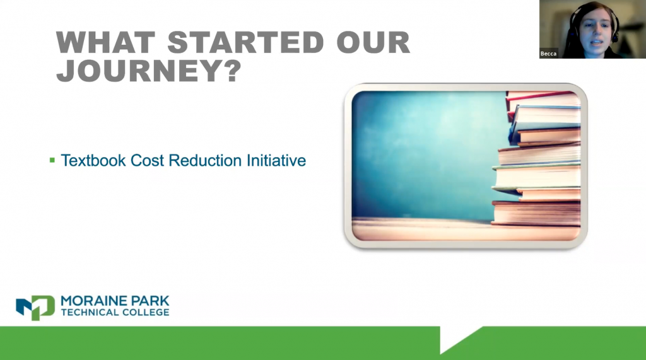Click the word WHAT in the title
(105, 42)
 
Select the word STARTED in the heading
(245, 42)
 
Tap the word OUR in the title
(373, 42)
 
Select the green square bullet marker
(52, 160)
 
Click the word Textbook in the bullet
(93, 160)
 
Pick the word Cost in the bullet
(148, 160)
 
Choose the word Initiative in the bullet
(276, 160)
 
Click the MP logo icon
(35, 307)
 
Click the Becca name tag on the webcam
(548, 54)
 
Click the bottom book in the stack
(536, 213)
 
